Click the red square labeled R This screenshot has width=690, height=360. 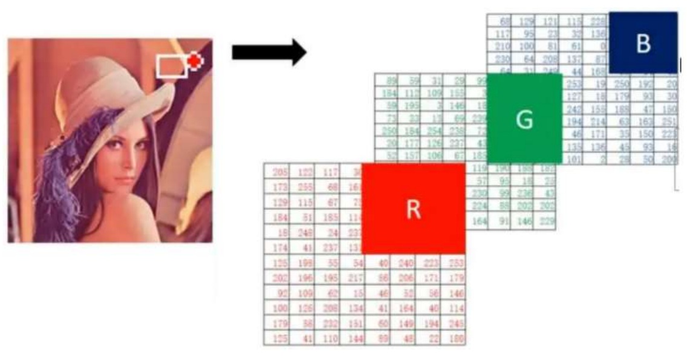pos(413,208)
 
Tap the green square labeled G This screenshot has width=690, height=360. pos(524,119)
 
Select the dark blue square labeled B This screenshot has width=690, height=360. pos(643,43)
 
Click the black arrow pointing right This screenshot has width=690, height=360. pos(269,53)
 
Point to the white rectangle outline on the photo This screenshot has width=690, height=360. pos(171,66)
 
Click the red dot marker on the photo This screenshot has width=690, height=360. pos(195,61)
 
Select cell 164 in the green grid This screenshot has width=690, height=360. pos(479,221)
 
